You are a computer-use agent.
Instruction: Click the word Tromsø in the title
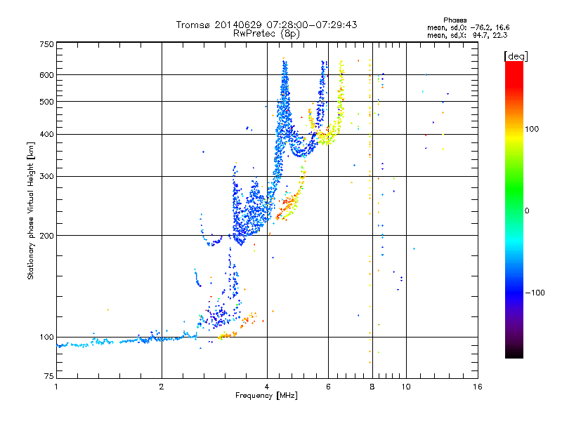[x=192, y=25]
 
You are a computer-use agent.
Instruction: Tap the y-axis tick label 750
[x=46, y=44]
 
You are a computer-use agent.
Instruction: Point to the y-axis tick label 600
[x=46, y=75]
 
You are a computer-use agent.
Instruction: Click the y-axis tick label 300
[x=46, y=177]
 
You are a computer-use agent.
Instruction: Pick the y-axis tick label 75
[x=48, y=379]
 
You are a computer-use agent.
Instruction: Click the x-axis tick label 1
[x=56, y=387]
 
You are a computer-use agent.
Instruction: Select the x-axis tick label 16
[x=478, y=387]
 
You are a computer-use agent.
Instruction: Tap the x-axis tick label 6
[x=328, y=387]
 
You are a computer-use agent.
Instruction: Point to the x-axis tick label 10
[x=405, y=387]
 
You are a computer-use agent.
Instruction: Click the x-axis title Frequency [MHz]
[x=266, y=396]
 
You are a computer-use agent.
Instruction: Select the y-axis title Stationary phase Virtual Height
[x=30, y=210]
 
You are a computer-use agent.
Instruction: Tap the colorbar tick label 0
[x=527, y=210]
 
